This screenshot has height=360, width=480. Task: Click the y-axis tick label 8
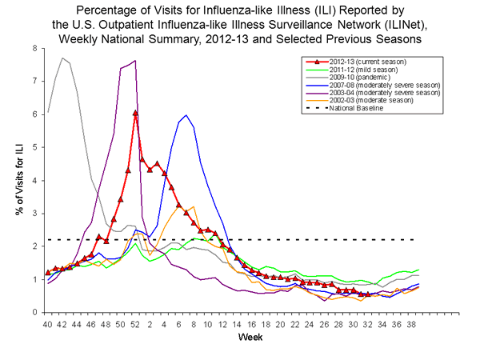33,48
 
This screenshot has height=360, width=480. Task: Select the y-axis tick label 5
33,147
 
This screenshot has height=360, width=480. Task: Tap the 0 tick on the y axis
33,312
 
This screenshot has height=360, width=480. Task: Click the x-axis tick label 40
48,325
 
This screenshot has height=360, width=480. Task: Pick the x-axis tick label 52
135,325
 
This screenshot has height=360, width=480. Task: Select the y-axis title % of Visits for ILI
14,180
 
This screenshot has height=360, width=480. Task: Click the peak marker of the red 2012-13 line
135,113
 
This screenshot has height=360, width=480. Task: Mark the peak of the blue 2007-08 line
186,115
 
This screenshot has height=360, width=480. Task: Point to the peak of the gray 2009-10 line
62,58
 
